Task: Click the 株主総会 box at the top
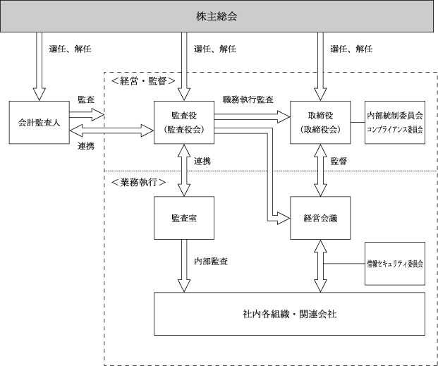[x=217, y=16]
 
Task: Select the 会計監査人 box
[x=39, y=123]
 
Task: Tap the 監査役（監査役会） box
[x=184, y=123]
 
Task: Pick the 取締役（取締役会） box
[x=320, y=123]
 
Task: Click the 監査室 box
[x=184, y=218]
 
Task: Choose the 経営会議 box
[x=320, y=218]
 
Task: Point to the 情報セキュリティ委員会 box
[x=395, y=264]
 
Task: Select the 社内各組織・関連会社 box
[x=290, y=314]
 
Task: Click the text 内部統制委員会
[x=395, y=116]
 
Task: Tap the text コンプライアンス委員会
[x=395, y=130]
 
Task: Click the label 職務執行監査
[x=248, y=99]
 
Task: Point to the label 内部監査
[x=211, y=261]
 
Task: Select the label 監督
[x=339, y=161]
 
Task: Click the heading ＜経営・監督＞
[x=143, y=81]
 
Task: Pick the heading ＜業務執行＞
[x=138, y=183]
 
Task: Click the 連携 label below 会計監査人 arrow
[x=86, y=146]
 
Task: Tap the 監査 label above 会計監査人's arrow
[x=86, y=99]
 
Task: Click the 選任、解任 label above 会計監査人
[x=70, y=49]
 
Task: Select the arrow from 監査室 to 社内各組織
[x=184, y=266]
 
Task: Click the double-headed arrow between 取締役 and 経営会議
[x=320, y=170]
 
